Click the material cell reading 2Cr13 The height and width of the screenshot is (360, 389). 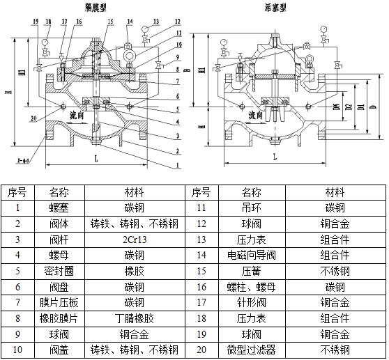[x=135, y=239]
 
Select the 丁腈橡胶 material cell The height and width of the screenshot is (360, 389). [x=135, y=318]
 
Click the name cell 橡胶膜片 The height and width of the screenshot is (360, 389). [x=59, y=318]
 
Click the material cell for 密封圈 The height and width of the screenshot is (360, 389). [x=135, y=271]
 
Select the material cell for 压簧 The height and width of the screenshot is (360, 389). [x=334, y=271]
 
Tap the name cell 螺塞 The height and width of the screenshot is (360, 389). [x=59, y=208]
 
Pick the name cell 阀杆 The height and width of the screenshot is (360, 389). [x=59, y=239]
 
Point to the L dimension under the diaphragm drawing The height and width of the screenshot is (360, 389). [x=93, y=159]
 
